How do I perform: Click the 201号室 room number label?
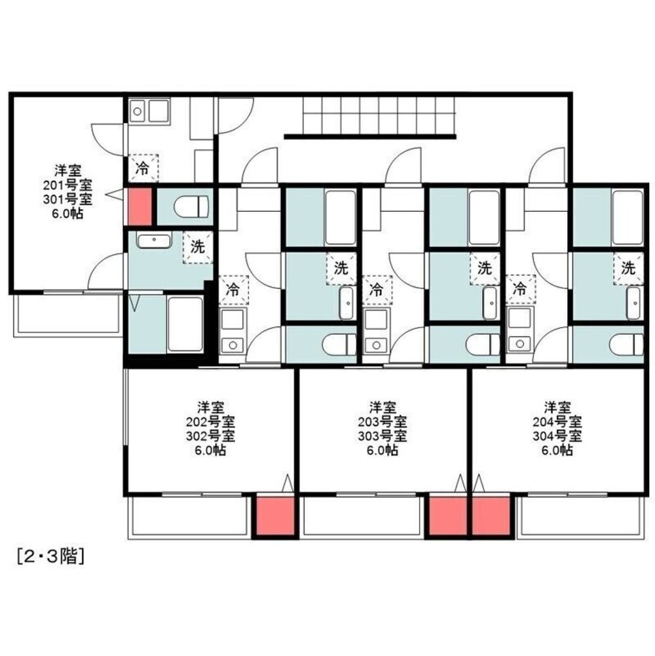point(67,185)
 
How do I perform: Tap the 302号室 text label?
point(210,436)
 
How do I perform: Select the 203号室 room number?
point(383,421)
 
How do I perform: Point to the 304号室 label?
point(557,436)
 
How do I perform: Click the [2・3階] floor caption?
point(51,557)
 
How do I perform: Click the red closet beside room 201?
point(140,207)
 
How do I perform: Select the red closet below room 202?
point(275,515)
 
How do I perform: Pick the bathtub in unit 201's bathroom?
point(185,324)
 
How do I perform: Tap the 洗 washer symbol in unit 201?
point(197,247)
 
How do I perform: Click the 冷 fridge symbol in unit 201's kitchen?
point(143,168)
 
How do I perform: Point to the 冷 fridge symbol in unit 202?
point(233,290)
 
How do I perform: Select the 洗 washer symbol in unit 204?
point(628,268)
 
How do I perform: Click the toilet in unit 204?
point(627,344)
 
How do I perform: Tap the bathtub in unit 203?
point(484,218)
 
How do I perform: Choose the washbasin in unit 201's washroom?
point(155,241)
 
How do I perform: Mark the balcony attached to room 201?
point(67,315)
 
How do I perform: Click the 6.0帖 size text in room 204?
point(557,451)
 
